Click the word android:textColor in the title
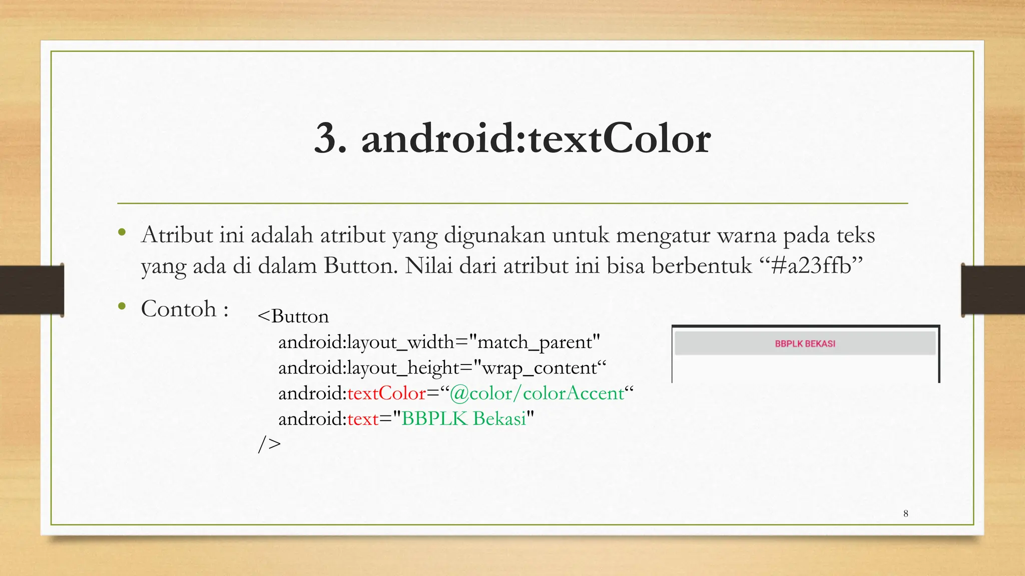click(x=536, y=139)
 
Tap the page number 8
click(x=905, y=513)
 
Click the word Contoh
click(x=179, y=309)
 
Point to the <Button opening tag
click(x=293, y=316)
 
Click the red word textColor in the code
click(x=386, y=393)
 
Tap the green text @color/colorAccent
click(x=537, y=393)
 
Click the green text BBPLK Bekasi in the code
click(x=464, y=418)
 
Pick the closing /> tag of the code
click(x=269, y=443)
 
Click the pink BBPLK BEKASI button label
click(x=805, y=344)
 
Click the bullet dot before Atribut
click(x=122, y=232)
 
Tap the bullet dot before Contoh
click(x=122, y=306)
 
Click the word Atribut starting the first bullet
click(x=177, y=235)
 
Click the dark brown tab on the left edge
click(x=32, y=290)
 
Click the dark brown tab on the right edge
click(x=993, y=290)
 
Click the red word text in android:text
click(x=363, y=418)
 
